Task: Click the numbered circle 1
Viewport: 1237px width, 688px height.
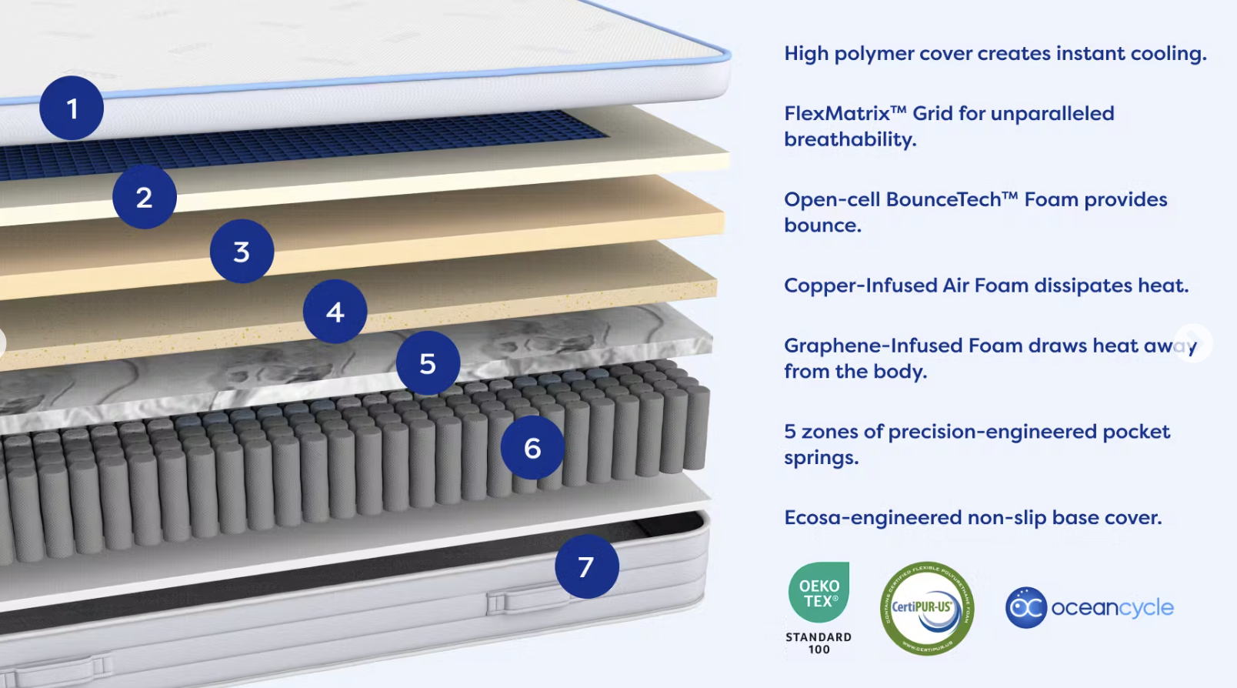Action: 72,108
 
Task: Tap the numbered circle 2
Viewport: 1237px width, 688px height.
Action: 145,197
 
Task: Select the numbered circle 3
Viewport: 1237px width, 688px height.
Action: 242,251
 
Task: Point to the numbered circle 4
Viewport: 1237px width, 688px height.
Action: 335,312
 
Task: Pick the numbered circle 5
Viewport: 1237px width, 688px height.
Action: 428,363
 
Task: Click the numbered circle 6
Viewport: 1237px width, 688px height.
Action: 532,448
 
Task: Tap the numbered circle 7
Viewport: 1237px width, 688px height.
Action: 586,566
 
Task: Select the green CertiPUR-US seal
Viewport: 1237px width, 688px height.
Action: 927,608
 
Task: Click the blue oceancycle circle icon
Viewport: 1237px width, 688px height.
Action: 1026,608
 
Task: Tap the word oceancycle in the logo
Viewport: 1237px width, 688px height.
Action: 1112,608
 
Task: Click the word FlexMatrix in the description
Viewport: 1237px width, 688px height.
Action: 837,114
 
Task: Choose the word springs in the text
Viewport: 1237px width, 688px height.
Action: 819,458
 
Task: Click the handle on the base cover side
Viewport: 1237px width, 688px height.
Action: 523,599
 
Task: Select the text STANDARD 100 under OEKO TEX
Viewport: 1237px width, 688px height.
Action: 819,643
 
